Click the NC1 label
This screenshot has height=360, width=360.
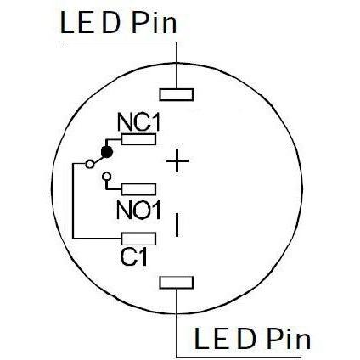138,122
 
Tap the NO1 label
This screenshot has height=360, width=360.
138,210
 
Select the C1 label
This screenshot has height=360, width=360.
134,256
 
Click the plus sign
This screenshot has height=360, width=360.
177,160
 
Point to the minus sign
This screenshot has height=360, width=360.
177,225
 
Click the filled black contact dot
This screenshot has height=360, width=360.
107,152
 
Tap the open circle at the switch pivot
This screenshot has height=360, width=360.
90,164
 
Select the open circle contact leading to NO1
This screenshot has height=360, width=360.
106,177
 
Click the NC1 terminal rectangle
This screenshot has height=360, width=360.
138,139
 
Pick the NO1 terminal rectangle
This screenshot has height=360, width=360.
138,189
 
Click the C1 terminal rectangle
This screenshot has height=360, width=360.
138,239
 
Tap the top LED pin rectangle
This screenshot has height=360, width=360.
177,94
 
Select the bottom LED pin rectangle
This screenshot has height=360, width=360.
177,283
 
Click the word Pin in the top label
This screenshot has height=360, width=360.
155,23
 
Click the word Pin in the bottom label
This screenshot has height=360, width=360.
289,338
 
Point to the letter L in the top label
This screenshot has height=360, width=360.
67,23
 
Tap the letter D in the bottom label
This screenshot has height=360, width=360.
246,338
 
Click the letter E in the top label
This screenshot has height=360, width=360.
86,23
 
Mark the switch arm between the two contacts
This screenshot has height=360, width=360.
98,159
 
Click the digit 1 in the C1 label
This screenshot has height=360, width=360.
143,257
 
